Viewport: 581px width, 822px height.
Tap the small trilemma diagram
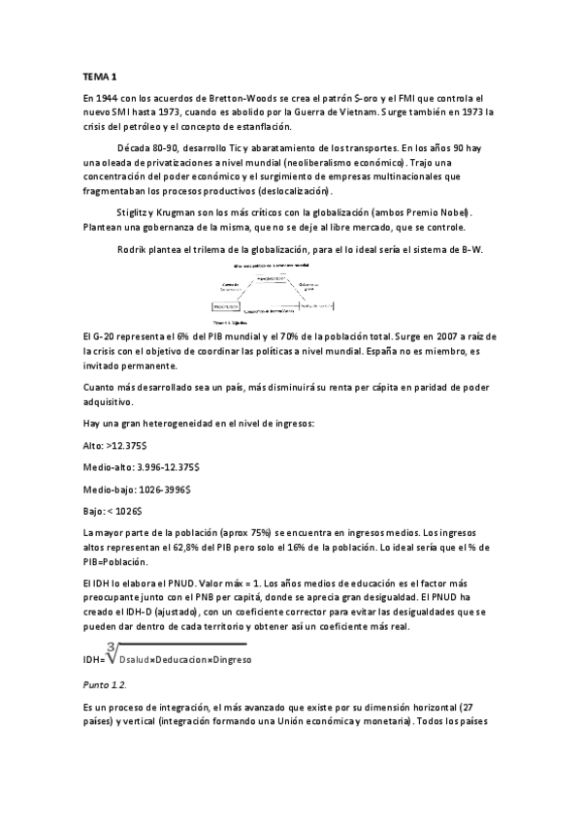pyautogui.click(x=275, y=292)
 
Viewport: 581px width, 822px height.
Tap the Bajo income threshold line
pyautogui.click(x=113, y=510)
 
